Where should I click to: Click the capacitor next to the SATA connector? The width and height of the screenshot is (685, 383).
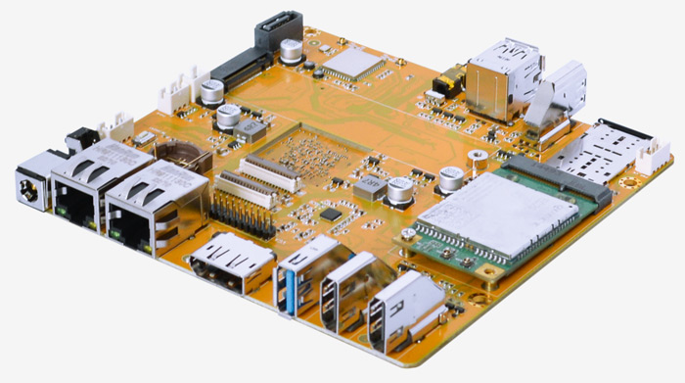click(291, 50)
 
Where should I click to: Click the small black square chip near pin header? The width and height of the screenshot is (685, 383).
click(334, 213)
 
